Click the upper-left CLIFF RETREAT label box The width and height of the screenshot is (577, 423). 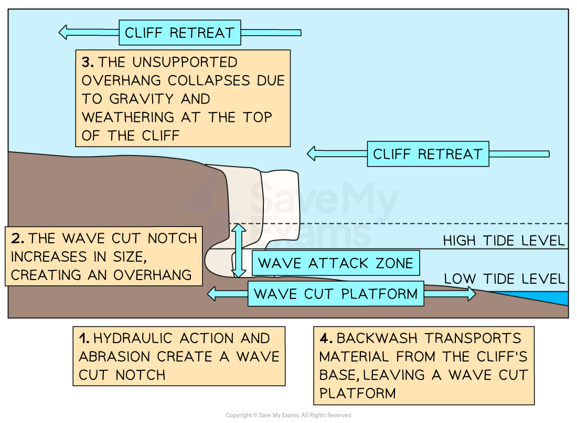tap(179, 33)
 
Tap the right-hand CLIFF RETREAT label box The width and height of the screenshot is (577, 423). tap(428, 154)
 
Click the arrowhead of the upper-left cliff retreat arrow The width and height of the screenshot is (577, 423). tap(63, 32)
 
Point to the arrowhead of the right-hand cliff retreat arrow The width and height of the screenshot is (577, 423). tap(312, 154)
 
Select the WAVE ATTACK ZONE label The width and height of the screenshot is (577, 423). tap(336, 263)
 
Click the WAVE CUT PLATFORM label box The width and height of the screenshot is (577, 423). tap(336, 294)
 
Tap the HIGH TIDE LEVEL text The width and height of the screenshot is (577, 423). tap(504, 241)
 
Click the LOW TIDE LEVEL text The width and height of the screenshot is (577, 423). tap(505, 279)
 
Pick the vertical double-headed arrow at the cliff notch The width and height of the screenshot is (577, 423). tap(239, 251)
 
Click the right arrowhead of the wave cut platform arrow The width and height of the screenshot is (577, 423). tap(471, 294)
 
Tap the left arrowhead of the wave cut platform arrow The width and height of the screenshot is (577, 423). tap(212, 294)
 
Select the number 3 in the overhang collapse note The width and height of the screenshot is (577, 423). tap(88, 63)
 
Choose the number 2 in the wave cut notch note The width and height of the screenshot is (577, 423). tap(17, 239)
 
